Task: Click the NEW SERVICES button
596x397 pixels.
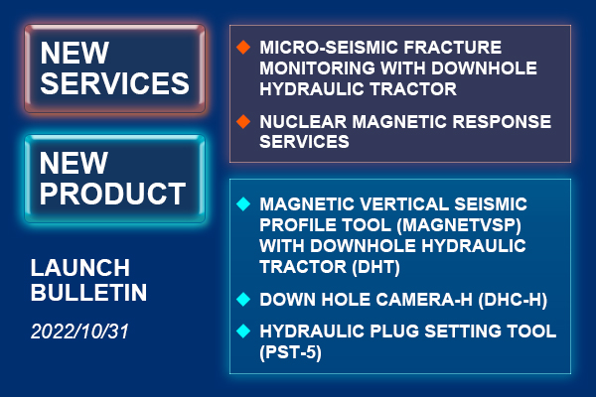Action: tap(115, 68)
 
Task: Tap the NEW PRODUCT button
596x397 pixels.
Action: tap(115, 179)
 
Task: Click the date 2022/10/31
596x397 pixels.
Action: tap(79, 331)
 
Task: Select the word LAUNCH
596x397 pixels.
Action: tap(80, 268)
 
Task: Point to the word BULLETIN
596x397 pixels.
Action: tap(88, 293)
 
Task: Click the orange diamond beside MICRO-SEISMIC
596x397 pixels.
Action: tap(243, 47)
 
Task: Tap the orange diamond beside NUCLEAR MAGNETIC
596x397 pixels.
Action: tap(243, 121)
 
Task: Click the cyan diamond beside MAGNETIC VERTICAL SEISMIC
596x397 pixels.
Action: tap(243, 204)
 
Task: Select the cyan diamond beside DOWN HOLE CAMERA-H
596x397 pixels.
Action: tap(243, 300)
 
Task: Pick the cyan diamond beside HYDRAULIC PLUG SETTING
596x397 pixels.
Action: tap(243, 331)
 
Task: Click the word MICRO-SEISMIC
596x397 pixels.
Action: tap(329, 48)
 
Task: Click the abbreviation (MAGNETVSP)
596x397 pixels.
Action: tap(459, 225)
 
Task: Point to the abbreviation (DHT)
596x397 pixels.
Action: tap(375, 267)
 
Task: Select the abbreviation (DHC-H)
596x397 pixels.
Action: tap(513, 300)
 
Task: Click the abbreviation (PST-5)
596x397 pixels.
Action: tap(291, 352)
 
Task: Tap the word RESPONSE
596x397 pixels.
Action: tap(502, 122)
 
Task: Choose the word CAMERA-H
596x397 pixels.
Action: tap(424, 300)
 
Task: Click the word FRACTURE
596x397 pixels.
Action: tap(453, 48)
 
